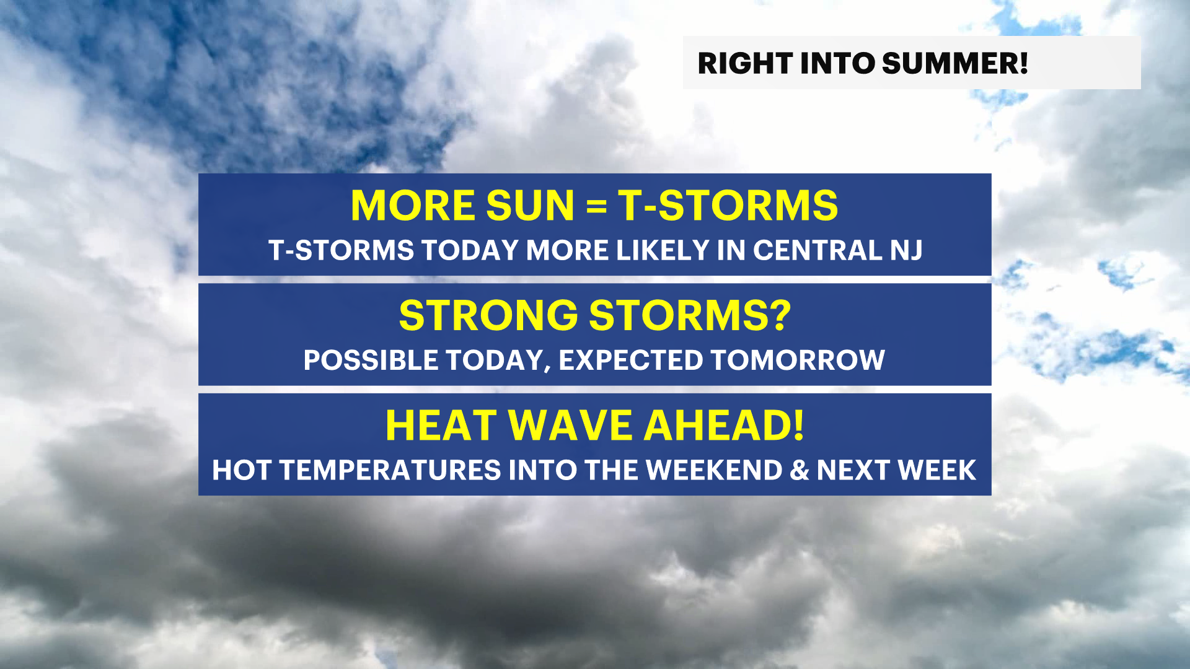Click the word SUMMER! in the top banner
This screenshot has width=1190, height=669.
coord(954,63)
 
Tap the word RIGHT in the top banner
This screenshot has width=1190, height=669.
coord(745,63)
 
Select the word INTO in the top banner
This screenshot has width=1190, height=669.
coord(837,63)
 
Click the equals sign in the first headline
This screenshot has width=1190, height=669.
coord(596,206)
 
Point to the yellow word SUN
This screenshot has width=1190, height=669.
coord(531,206)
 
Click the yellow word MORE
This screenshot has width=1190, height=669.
coord(413,206)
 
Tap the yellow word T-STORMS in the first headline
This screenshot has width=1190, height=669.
coord(728,206)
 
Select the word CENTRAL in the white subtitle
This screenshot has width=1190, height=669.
coord(817,250)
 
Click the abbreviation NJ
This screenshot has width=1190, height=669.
coord(907,250)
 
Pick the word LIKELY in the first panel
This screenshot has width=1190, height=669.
coord(662,250)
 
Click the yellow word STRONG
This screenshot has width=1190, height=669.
coord(488,315)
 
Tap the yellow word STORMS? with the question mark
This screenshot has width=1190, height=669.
coord(690,315)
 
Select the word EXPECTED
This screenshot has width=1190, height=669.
coord(630,360)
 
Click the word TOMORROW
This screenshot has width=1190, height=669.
coord(798,360)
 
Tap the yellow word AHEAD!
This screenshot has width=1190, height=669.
coord(724,426)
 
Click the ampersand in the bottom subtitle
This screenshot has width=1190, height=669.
coord(800,470)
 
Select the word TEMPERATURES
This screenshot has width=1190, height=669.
coord(390,470)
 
